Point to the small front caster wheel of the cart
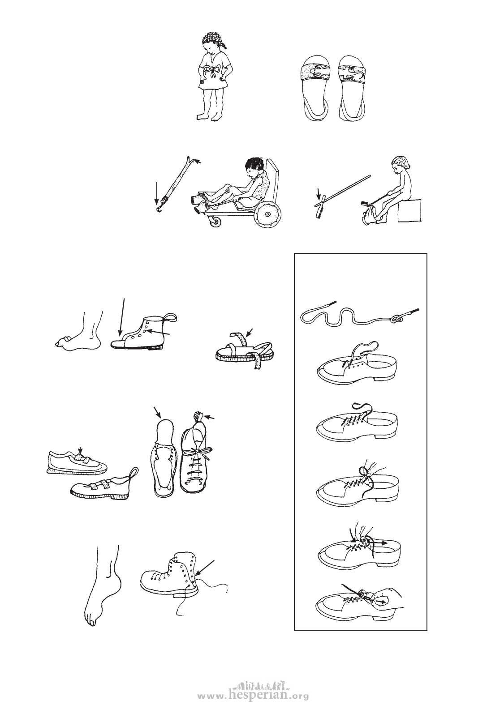tap(216, 222)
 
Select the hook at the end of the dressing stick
tap(157, 209)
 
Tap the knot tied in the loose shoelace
tap(396, 320)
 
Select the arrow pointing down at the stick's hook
tap(157, 193)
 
